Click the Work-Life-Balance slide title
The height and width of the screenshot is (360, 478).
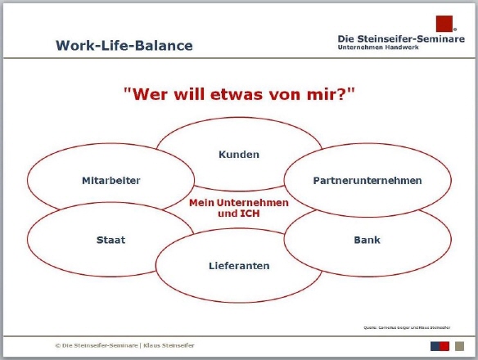click(x=124, y=45)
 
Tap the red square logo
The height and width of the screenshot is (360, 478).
click(x=444, y=23)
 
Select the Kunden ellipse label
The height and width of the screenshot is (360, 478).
click(x=239, y=154)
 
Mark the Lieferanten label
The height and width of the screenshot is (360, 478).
click(x=239, y=266)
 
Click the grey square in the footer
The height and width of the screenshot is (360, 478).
click(x=459, y=344)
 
